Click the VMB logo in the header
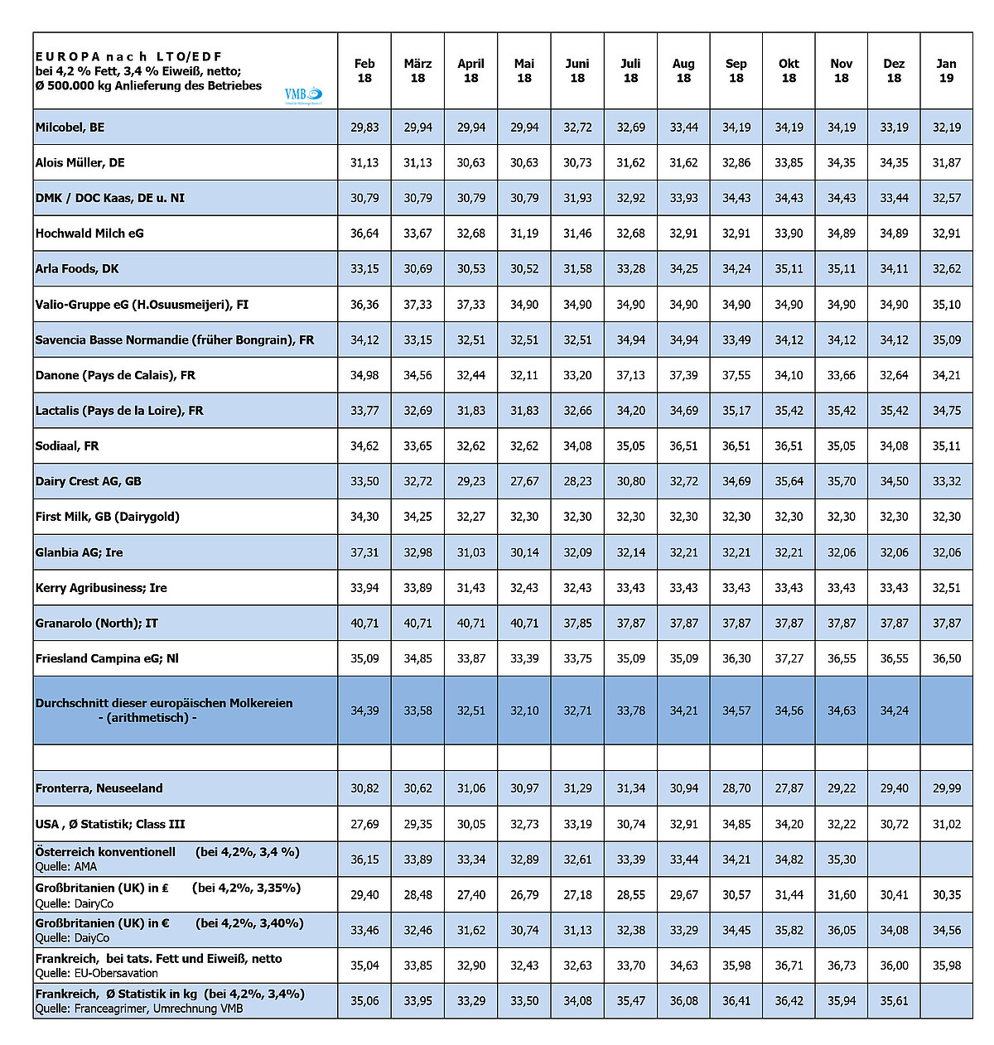click(302, 95)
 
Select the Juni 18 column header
click(577, 70)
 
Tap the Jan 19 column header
click(946, 70)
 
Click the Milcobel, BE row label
click(70, 128)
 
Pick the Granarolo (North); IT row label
click(97, 624)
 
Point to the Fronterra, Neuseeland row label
click(99, 788)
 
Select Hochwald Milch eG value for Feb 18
click(364, 234)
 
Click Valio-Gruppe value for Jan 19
click(946, 305)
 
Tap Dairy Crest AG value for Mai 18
click(524, 481)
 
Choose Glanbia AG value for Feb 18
click(364, 552)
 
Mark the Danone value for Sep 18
click(736, 375)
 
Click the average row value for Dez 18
click(894, 710)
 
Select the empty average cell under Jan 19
click(946, 710)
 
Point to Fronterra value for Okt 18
click(789, 788)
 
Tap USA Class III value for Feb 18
click(364, 824)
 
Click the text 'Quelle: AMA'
click(66, 867)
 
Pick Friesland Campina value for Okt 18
click(789, 658)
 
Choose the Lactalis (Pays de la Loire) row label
click(119, 411)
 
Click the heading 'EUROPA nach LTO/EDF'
click(129, 56)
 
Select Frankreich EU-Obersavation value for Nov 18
click(841, 966)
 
